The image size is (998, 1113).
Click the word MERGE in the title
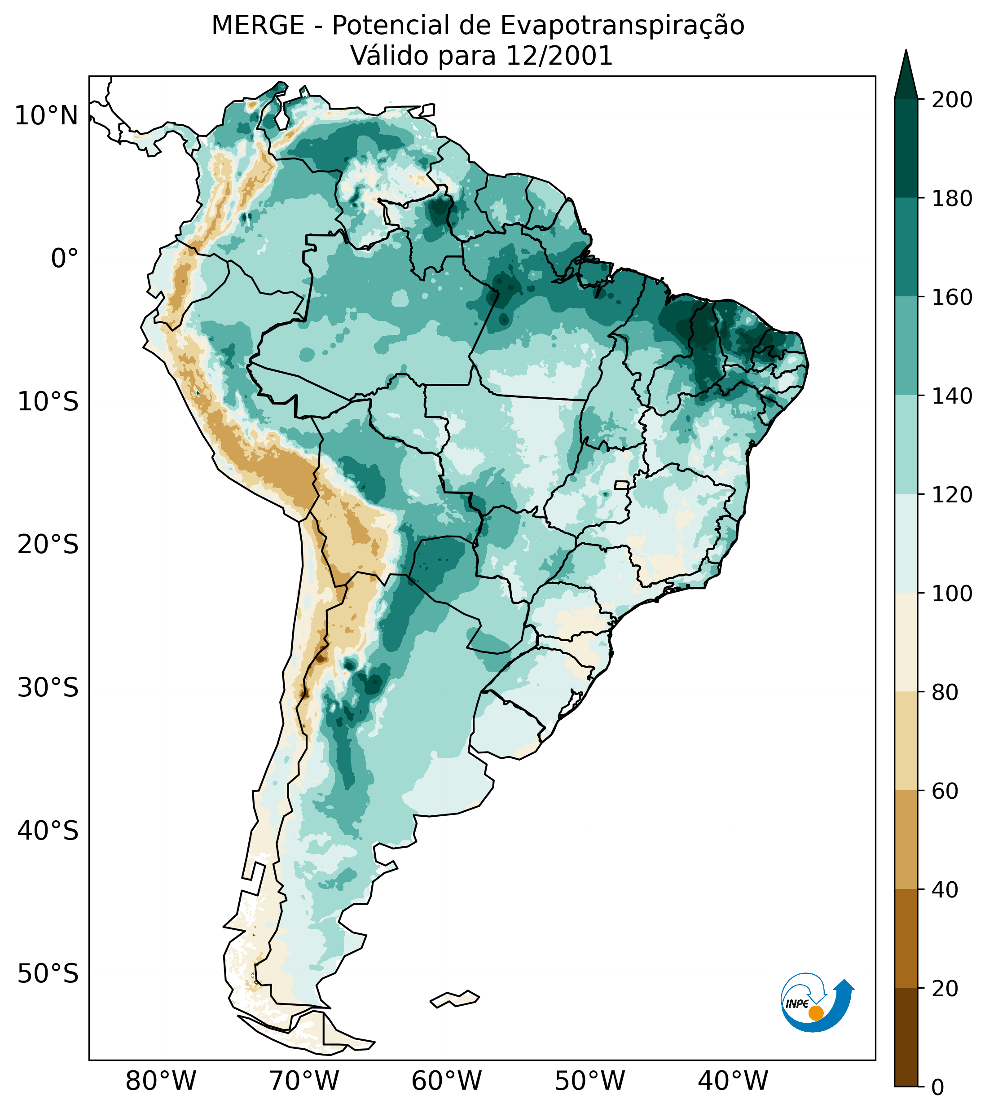coord(258,26)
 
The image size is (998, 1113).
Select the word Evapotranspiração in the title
coord(622,26)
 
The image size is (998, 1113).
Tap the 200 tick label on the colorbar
coord(952,100)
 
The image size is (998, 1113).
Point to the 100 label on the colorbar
coord(952,594)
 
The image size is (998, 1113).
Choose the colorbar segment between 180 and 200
coord(906,148)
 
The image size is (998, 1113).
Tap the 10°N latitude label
coord(46,116)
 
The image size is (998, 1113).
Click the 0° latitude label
coord(64,259)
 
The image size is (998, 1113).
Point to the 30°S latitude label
coord(48,688)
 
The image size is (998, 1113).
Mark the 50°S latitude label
coord(48,974)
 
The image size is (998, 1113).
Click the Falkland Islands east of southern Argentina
coord(455,999)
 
